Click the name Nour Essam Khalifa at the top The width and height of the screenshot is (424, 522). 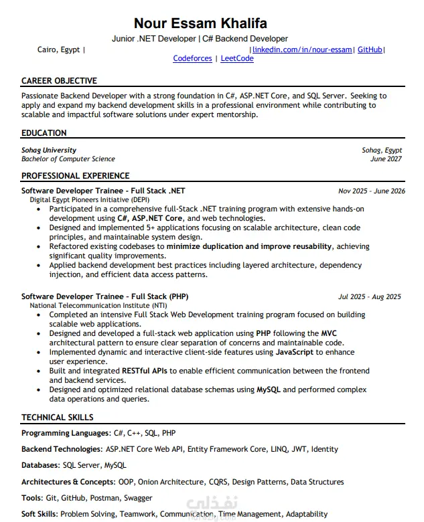tap(210, 23)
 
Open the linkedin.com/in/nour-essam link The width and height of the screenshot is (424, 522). tap(302, 50)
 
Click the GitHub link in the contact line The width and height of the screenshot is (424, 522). tap(370, 50)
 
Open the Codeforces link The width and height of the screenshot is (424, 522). tap(192, 59)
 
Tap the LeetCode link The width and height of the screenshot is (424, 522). tap(237, 59)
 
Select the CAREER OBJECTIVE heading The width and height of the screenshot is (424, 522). tap(59, 81)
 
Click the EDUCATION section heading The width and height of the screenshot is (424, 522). tap(44, 133)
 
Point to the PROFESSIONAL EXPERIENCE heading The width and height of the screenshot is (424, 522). tap(75, 176)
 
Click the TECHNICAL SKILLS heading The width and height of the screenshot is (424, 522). tap(57, 418)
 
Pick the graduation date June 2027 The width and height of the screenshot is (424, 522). tap(386, 159)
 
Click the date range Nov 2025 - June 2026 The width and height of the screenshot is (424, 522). tap(372, 191)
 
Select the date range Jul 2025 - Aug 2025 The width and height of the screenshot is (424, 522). tap(370, 296)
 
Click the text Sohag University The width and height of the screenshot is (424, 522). tap(49, 151)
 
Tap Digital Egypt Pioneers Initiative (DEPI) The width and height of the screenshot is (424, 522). tap(90, 200)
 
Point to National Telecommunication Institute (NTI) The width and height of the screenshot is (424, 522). tap(91, 305)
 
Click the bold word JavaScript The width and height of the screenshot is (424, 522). tap(295, 352)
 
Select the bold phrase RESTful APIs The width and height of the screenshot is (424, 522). tap(145, 371)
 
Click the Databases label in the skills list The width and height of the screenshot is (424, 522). tap(40, 465)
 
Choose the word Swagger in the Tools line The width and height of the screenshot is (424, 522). tap(139, 498)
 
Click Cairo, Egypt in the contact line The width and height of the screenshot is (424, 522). tap(58, 50)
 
